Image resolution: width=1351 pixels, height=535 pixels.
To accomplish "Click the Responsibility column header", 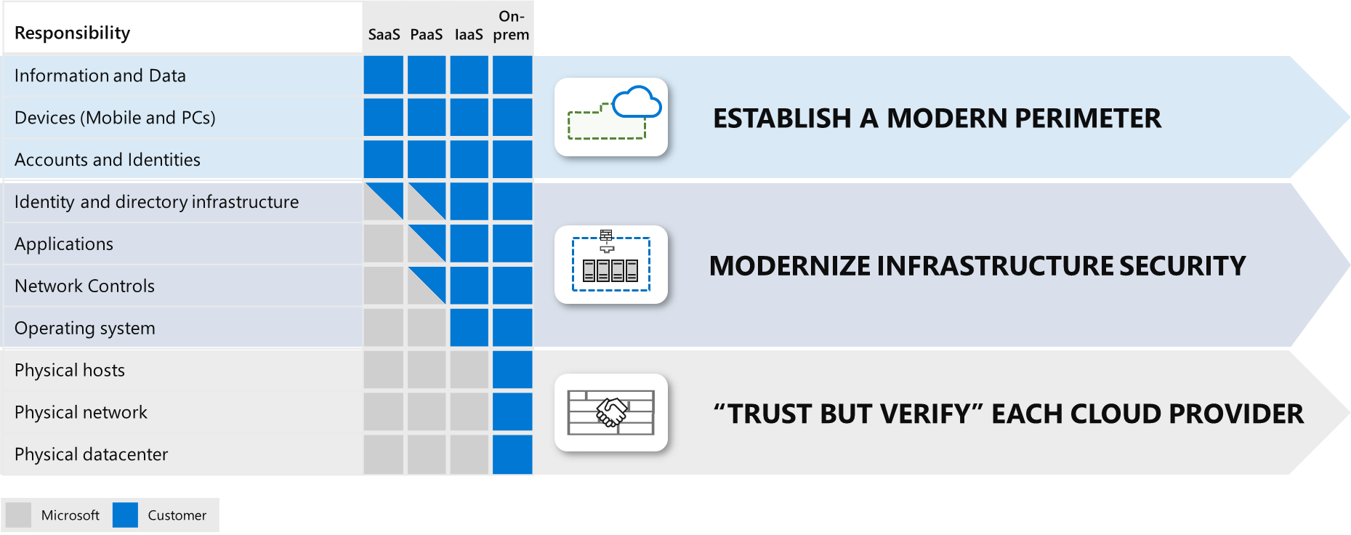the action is [72, 33].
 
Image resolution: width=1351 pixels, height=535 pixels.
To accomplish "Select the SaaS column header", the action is [384, 34].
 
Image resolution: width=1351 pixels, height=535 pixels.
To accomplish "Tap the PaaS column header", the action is [427, 34].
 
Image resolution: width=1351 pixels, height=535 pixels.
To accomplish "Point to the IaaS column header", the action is [469, 34].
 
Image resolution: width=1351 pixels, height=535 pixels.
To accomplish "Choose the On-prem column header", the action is [512, 25].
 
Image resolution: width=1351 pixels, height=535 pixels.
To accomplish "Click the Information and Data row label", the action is [100, 76].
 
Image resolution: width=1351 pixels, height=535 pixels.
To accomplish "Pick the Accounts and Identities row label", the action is [108, 160].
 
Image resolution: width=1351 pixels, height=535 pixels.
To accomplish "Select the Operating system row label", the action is [85, 329].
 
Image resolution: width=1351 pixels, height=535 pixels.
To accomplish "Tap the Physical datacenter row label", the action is [92, 454].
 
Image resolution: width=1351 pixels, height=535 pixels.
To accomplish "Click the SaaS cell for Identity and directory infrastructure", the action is [384, 201].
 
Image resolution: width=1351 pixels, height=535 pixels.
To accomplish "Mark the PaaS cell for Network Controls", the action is [427, 286].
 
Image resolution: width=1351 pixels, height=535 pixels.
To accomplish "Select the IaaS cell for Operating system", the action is [469, 328].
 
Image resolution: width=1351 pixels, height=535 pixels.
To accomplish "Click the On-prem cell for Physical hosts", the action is [512, 370].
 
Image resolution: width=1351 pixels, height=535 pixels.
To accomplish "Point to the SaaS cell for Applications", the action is [384, 244].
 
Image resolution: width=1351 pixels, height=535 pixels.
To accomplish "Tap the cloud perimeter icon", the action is [611, 117].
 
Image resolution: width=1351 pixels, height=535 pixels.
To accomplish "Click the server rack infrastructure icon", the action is [611, 265].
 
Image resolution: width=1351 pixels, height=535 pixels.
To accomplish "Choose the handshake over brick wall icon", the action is [611, 413].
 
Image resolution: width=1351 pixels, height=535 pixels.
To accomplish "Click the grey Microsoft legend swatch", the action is [18, 515].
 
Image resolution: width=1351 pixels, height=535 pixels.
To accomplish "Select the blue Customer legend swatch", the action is [125, 515].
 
